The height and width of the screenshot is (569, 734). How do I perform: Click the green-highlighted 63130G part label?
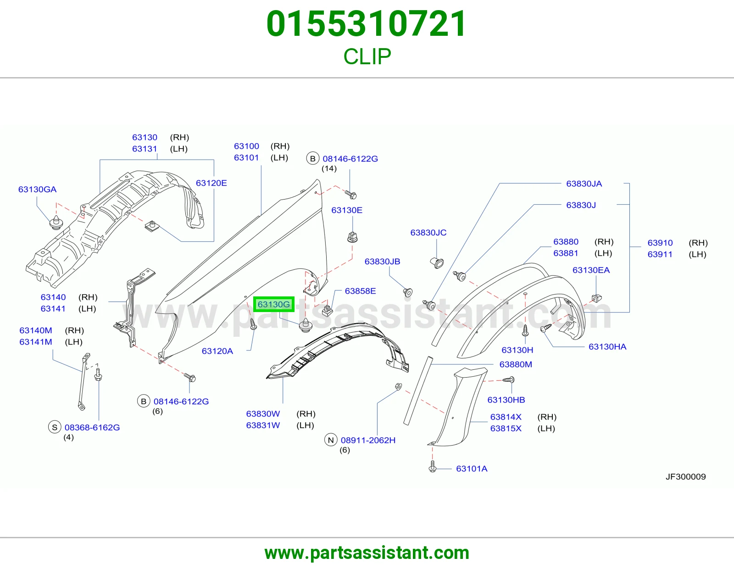pos(273,304)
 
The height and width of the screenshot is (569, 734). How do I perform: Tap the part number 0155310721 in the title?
pos(367,24)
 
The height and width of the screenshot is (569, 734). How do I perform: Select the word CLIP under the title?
pos(367,56)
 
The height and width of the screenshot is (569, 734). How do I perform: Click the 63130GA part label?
pos(37,189)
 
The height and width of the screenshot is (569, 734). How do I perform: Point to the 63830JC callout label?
pos(428,233)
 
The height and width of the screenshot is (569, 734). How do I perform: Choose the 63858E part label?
pos(360,291)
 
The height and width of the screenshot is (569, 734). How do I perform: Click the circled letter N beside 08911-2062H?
pos(331,440)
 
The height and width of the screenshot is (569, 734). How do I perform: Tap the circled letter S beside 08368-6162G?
pos(55,427)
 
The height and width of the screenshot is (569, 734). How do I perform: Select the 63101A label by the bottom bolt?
pos(472,469)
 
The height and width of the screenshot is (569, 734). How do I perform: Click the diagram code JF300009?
pos(685,476)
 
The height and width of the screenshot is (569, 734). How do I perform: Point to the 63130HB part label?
pos(506,400)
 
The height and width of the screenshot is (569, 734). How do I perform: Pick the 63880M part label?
pos(516,364)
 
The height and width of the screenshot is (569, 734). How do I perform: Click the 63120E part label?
pos(211,183)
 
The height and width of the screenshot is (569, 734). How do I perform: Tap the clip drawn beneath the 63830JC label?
pos(437,262)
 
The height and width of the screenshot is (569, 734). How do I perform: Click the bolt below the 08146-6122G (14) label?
pos(350,194)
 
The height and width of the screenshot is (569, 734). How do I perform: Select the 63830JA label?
pos(584,184)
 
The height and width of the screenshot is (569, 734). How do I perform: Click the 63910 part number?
pos(660,243)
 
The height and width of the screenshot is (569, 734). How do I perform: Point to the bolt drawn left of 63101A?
pos(432,467)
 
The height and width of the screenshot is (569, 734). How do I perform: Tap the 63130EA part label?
pos(591,270)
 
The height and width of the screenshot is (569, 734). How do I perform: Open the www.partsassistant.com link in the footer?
pos(367,553)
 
